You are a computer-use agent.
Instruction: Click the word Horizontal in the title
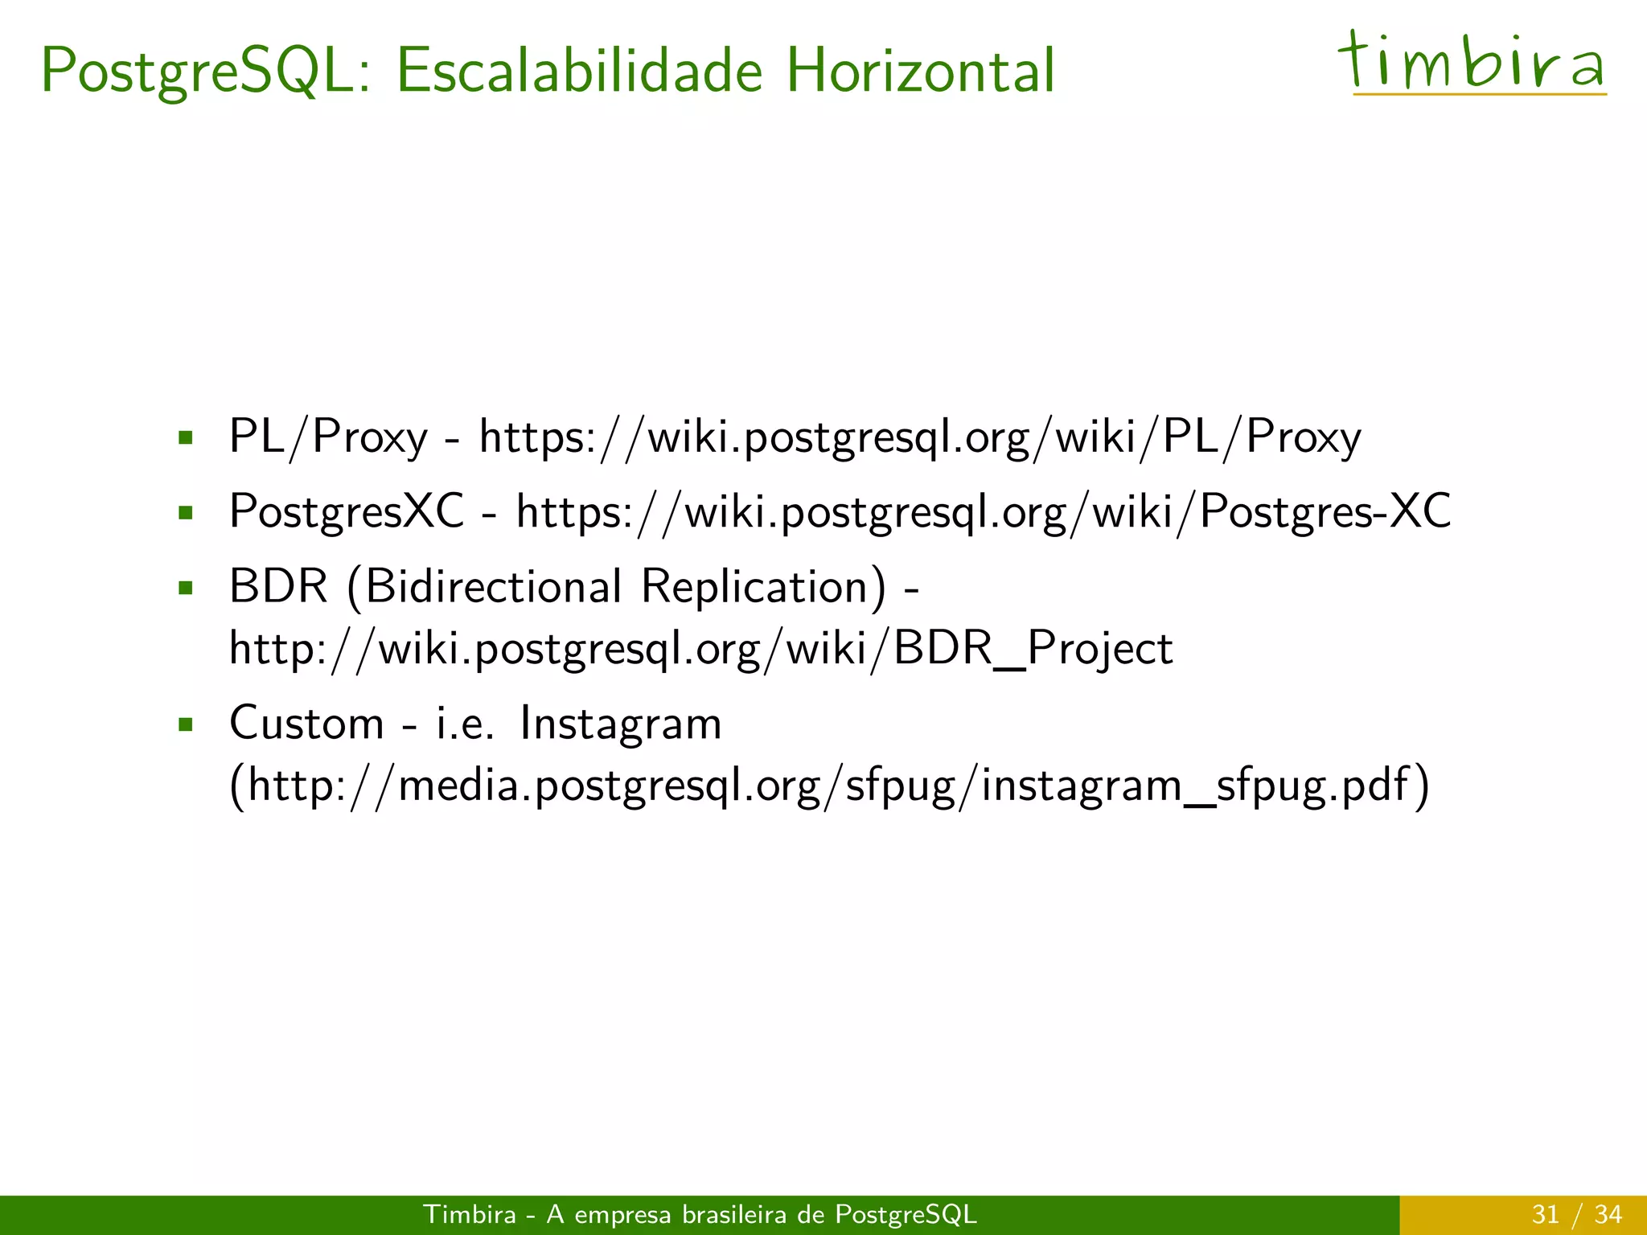coord(920,71)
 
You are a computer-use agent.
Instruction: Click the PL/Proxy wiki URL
coord(920,437)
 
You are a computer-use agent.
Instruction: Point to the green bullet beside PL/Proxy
coord(187,438)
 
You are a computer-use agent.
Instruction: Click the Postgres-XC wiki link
coord(983,511)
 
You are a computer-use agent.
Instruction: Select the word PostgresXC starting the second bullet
coord(347,511)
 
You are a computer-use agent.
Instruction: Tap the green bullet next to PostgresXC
coord(187,512)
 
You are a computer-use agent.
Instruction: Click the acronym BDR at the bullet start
coord(278,586)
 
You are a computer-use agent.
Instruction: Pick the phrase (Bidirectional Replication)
coord(618,586)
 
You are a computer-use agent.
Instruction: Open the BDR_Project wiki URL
coord(700,648)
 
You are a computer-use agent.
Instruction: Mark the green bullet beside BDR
coord(187,587)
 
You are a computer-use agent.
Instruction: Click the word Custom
coord(306,723)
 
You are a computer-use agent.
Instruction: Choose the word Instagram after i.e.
coord(620,723)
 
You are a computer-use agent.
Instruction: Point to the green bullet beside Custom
coord(187,724)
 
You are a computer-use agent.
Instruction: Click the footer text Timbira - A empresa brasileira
coord(700,1214)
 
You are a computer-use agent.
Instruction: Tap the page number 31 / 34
coord(1576,1214)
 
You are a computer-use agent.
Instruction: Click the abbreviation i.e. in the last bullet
coord(464,723)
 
